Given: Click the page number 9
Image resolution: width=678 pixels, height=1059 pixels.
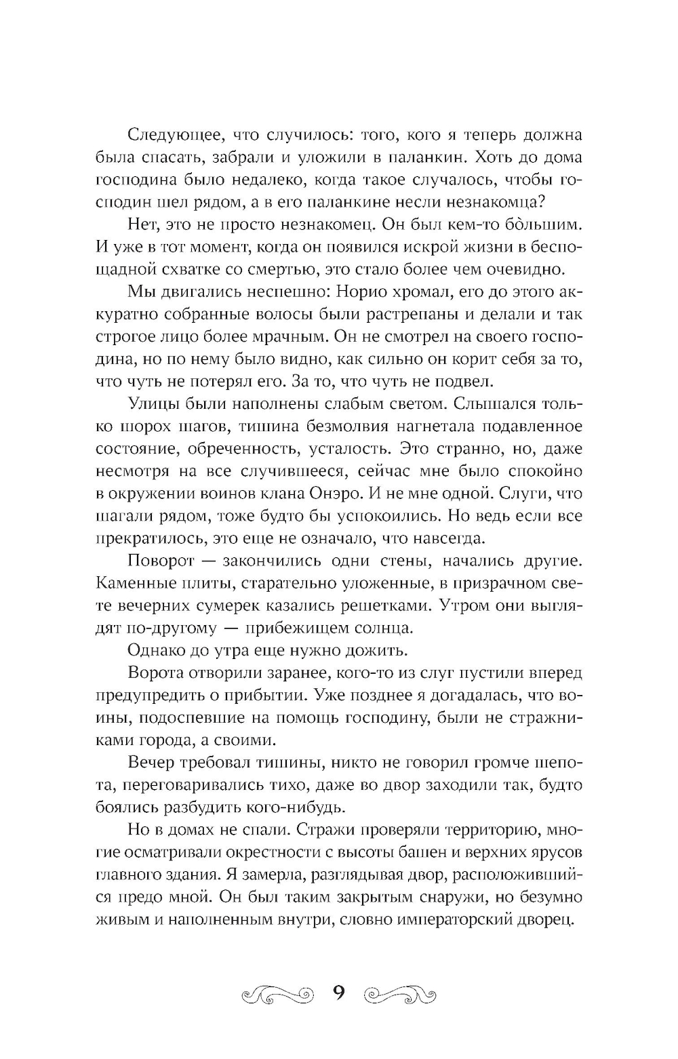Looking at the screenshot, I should click(x=339, y=995).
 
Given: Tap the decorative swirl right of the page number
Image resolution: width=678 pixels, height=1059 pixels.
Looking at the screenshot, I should click(x=400, y=996).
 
